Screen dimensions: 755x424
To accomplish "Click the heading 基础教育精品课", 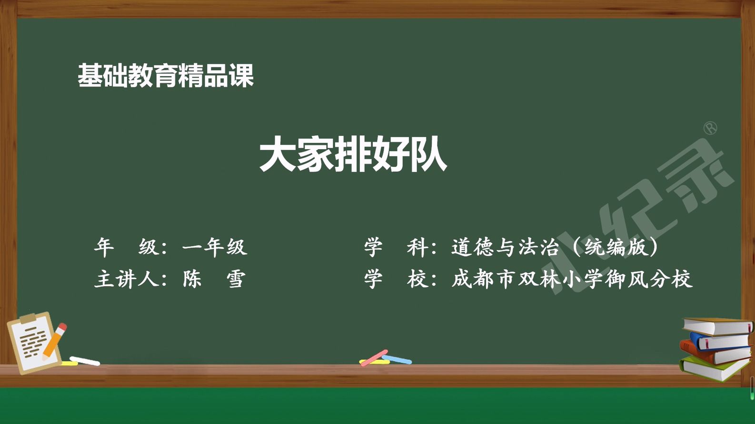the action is click(166, 76).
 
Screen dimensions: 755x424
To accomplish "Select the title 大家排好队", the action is click(353, 154).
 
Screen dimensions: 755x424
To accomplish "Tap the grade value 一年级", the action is click(215, 247).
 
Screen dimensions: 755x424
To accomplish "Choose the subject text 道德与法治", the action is click(505, 247).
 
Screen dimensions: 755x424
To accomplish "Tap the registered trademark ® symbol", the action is click(711, 128).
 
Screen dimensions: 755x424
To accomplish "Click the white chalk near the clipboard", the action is click(85, 361).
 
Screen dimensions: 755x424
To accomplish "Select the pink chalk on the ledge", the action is click(374, 358).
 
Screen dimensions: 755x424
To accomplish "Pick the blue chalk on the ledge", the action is click(397, 360).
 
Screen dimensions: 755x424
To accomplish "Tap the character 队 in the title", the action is click(428, 154).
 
